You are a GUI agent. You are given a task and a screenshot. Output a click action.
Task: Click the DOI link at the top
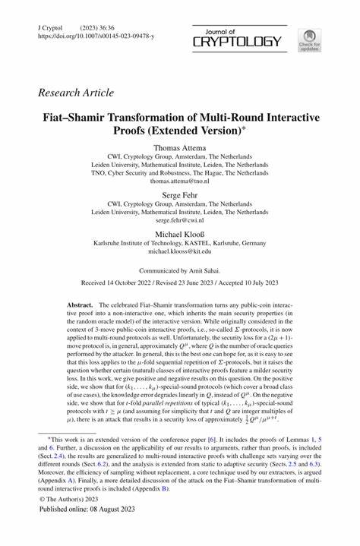(96, 36)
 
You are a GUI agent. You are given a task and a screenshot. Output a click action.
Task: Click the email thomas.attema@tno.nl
(179, 182)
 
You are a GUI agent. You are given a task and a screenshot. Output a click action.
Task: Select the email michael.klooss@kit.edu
(179, 253)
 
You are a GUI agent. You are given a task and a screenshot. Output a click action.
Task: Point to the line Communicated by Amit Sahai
(179, 271)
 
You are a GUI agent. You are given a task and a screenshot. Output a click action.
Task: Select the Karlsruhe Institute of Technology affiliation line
(179, 243)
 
